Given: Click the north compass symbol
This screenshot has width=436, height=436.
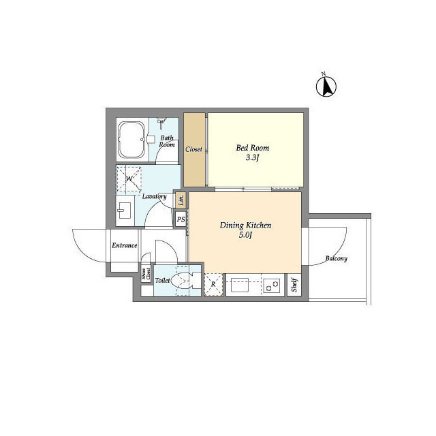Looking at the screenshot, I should coord(328,85).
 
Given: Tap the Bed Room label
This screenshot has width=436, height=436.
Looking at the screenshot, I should coord(252,148).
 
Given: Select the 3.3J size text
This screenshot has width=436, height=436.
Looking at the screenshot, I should coord(253,158).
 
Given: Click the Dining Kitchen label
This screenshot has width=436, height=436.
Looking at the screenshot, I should coord(245,225).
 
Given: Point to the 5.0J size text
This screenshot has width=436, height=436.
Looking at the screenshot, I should coord(245,236).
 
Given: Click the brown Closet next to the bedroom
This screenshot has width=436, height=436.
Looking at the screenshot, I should coord(194,149).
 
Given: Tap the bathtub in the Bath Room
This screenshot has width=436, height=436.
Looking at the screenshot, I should coord(130,140).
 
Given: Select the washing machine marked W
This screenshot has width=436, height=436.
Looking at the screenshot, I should coord(129,178).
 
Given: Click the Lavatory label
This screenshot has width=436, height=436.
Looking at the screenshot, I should coord(154,196).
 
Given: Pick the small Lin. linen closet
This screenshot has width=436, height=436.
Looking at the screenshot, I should coord(181,200).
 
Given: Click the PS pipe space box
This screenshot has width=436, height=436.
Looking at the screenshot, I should coord(181,219).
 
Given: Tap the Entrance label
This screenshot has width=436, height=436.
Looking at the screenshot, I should coord(125,245).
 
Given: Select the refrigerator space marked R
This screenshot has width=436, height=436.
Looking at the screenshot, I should coord(213,284).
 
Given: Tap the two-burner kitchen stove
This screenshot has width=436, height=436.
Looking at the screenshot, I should coord(272,285).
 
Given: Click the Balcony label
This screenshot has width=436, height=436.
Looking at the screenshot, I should coord(336,259).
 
